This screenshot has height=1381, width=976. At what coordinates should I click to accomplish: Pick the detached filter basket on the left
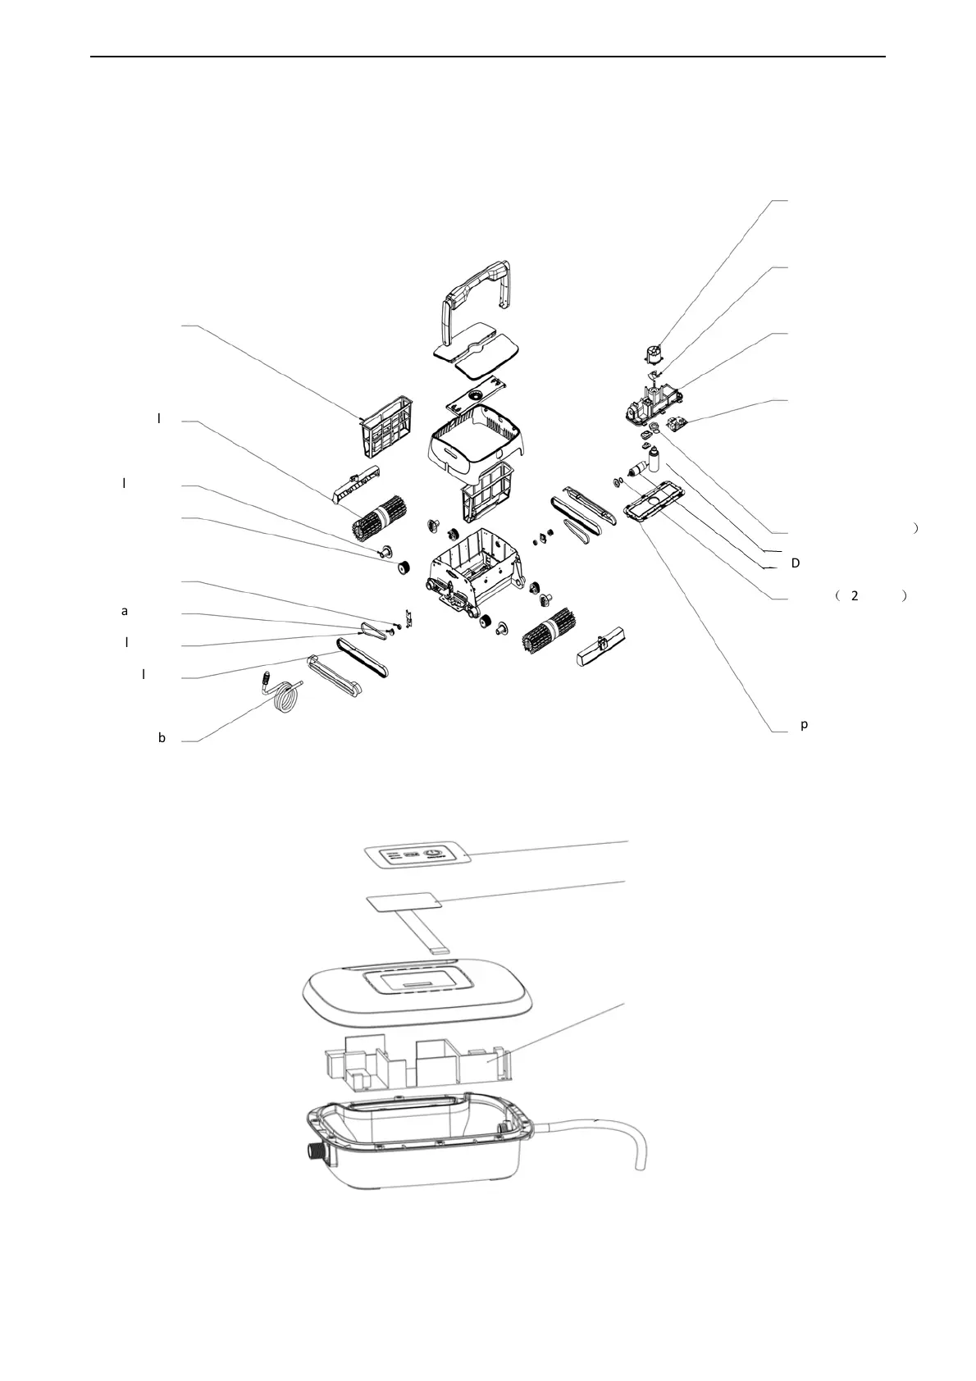click(385, 426)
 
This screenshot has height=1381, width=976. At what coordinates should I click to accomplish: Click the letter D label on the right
click(795, 563)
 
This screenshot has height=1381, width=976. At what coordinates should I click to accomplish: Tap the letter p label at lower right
click(805, 725)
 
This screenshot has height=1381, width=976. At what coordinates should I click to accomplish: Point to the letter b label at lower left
click(162, 738)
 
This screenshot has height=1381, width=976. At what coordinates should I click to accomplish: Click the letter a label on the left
click(125, 611)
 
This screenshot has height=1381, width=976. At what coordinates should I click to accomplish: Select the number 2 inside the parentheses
click(854, 596)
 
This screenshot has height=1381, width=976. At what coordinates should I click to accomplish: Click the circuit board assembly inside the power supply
click(410, 1062)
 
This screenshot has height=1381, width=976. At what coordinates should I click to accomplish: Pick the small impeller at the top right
click(654, 355)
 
